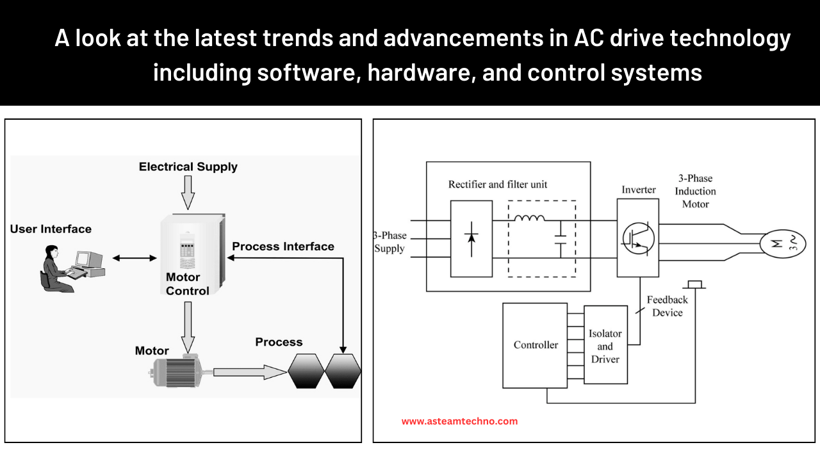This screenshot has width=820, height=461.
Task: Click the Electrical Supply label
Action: click(188, 166)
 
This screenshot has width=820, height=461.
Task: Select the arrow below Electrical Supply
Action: click(187, 192)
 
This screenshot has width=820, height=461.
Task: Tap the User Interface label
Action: click(51, 229)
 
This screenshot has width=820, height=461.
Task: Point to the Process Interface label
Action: click(283, 246)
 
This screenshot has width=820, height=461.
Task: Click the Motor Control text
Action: click(187, 284)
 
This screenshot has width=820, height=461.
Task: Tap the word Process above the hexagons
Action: click(279, 342)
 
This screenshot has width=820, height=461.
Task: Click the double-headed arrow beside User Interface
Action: click(135, 258)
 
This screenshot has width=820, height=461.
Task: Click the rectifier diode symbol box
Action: click(471, 238)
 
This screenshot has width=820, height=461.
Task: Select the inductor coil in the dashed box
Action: click(530, 219)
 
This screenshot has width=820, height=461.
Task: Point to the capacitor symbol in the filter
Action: click(561, 240)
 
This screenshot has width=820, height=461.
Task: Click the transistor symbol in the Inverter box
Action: click(638, 238)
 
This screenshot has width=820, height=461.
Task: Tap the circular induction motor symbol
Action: click(782, 243)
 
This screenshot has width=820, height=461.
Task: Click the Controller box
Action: click(535, 345)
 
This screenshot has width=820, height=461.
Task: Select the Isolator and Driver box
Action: click(605, 346)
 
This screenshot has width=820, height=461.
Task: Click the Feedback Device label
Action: click(667, 306)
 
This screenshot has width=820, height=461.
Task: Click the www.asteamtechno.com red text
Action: click(459, 421)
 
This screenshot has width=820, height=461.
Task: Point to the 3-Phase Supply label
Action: click(391, 242)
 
